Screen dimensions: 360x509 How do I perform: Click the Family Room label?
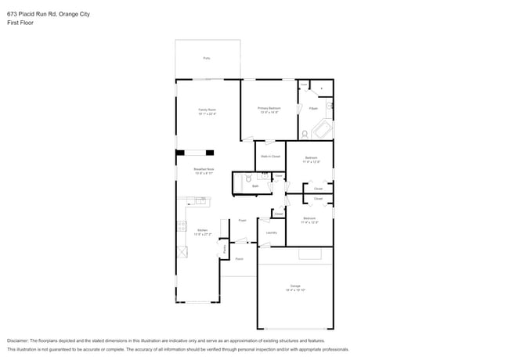pyautogui.click(x=207, y=110)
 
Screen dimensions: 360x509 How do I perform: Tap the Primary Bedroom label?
pyautogui.click(x=270, y=110)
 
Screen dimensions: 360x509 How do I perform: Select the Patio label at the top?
pyautogui.click(x=207, y=58)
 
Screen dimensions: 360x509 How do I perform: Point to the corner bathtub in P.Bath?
pyautogui.click(x=322, y=130)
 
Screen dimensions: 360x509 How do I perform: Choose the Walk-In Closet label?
pyautogui.click(x=270, y=157)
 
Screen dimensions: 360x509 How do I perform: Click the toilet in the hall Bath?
pyautogui.click(x=249, y=179)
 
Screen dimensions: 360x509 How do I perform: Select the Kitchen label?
pyautogui.click(x=202, y=231)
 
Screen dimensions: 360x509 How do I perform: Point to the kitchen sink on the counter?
pyautogui.click(x=200, y=202)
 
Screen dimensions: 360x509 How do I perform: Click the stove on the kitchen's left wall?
pyautogui.click(x=181, y=226)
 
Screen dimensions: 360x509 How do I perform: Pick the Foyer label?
pyautogui.click(x=243, y=221)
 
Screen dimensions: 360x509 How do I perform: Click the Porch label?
pyautogui.click(x=239, y=258)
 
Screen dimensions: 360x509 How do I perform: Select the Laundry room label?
pyautogui.click(x=272, y=232)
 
